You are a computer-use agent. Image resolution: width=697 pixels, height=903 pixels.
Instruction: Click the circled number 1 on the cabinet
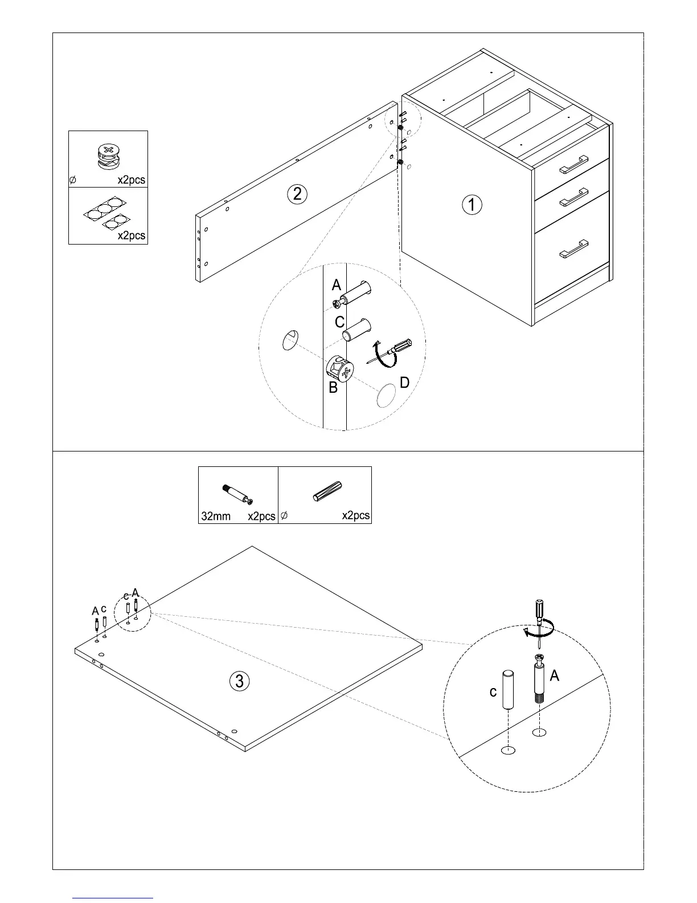point(472,204)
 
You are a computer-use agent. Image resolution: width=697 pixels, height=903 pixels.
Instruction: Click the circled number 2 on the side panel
point(297,194)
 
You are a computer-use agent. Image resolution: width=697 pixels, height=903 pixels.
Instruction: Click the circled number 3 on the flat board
point(240,681)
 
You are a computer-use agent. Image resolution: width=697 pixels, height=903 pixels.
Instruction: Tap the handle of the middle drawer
point(573,197)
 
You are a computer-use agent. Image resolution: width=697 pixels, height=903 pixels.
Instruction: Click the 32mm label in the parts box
point(216,516)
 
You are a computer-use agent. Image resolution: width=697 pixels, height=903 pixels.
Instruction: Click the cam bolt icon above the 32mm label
point(239,494)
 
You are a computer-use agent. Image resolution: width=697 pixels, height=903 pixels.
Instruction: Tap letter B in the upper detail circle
point(333,388)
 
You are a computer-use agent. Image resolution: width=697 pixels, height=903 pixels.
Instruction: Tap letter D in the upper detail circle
point(404,383)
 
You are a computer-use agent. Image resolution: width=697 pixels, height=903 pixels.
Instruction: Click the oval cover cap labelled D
point(386,396)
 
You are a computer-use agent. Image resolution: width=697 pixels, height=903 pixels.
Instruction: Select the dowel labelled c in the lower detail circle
point(508,690)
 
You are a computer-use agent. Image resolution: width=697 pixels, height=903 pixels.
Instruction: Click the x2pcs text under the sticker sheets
point(131,235)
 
